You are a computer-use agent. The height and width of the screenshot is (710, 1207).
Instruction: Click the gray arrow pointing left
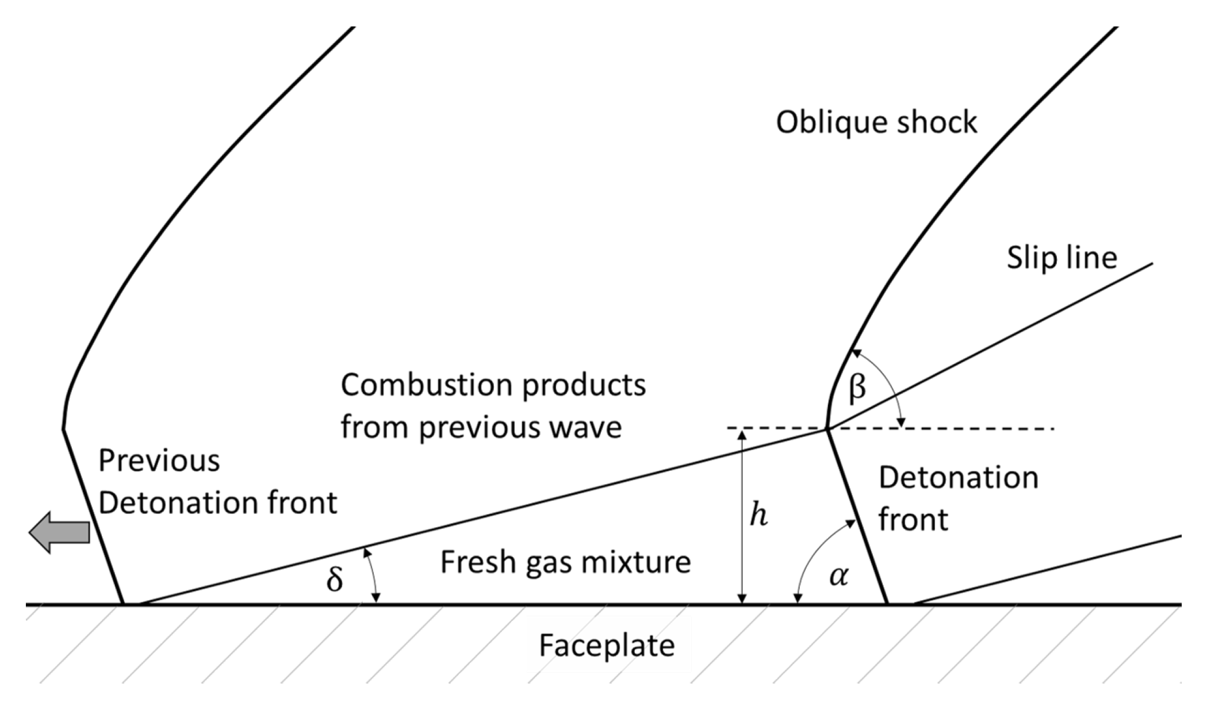[x=59, y=532]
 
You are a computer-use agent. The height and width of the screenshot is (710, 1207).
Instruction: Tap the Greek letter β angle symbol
[x=857, y=389]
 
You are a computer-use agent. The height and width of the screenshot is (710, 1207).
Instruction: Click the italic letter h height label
[x=759, y=516]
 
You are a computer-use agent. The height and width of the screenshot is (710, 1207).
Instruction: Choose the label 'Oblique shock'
[x=876, y=122]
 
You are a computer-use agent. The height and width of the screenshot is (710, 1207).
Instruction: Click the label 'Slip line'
[x=1062, y=258]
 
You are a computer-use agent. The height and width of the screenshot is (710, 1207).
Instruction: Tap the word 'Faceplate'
[x=607, y=645]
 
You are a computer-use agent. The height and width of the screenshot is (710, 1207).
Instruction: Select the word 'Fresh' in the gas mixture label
[x=477, y=562]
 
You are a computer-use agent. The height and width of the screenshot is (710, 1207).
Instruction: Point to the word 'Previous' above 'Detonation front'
[x=159, y=460]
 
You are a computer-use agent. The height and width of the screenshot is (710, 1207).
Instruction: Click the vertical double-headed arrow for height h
[x=742, y=517]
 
